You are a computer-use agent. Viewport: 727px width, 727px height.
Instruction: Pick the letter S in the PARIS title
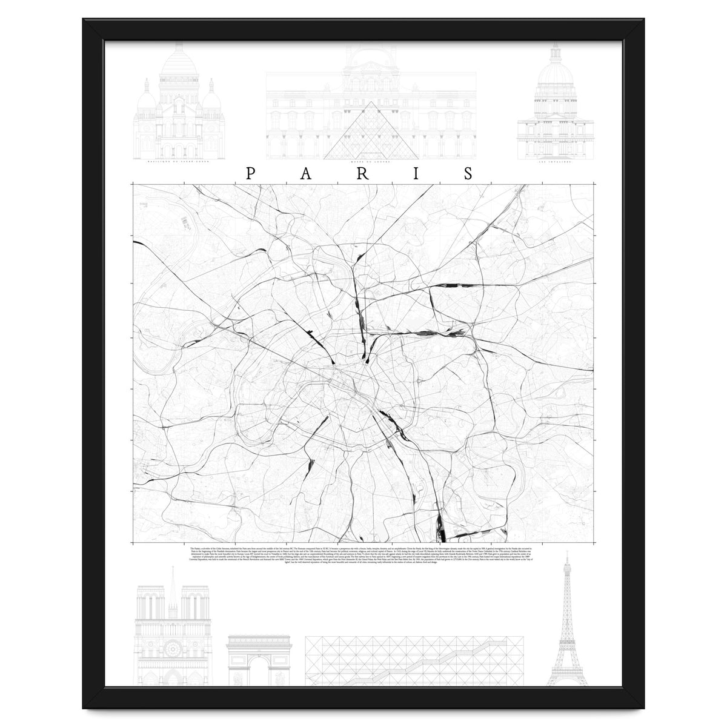tap(469, 173)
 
